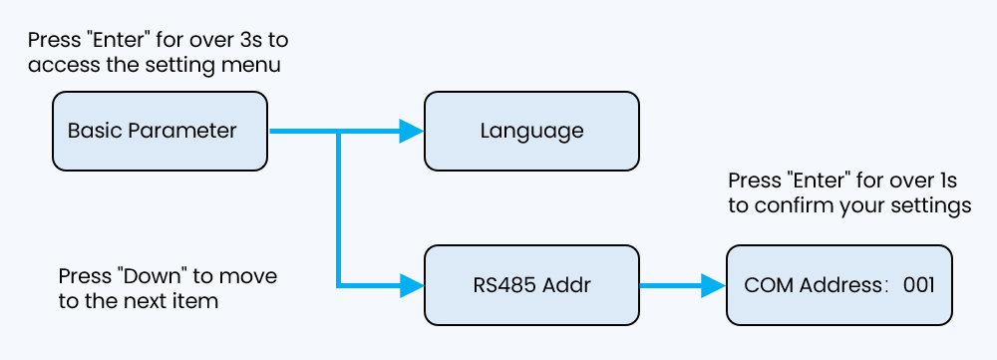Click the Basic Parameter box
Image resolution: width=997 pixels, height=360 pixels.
(160, 131)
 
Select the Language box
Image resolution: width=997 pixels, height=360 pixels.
(531, 131)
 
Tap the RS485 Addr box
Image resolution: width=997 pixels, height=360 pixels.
(531, 285)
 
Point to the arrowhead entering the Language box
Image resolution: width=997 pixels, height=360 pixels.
(411, 131)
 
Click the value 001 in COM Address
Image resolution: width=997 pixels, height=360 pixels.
(918, 285)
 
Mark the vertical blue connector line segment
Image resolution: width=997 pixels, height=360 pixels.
(340, 209)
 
